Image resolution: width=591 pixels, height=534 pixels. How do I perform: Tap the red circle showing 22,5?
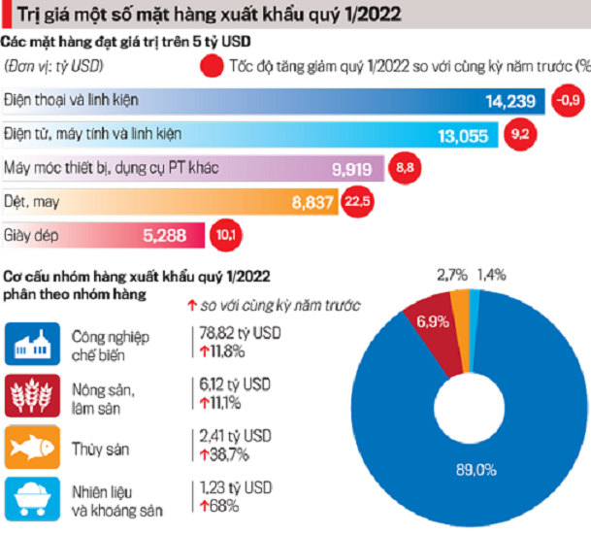tap(352, 202)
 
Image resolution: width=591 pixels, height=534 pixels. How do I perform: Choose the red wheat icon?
tap(29, 395)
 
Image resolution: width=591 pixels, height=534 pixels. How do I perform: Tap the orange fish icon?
tap(29, 447)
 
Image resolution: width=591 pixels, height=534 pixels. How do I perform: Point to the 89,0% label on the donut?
tap(476, 470)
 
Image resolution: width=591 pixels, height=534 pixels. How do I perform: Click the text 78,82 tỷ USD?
tap(236, 331)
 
